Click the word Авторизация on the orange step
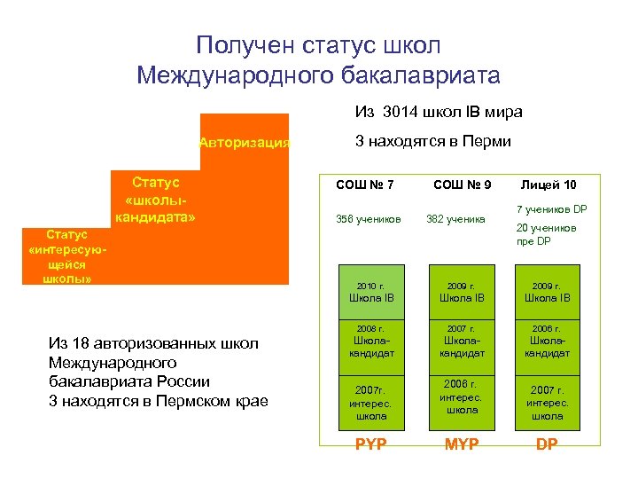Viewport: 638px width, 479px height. point(245,142)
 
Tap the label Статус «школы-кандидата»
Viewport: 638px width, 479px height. point(155,200)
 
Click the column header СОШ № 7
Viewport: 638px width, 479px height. point(365,185)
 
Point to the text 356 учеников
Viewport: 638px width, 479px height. point(368,219)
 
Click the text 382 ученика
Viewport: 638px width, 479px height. point(456,219)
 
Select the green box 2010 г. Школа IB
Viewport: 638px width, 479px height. point(370,292)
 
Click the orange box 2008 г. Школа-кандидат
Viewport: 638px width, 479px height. point(370,342)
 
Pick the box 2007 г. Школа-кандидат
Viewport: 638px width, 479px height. point(462,342)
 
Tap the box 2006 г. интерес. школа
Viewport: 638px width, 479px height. point(462,397)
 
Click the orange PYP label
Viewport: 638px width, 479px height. point(370,444)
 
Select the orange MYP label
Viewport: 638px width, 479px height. point(462,444)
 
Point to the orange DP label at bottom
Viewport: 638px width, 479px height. point(547,444)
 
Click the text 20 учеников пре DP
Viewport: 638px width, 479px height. point(545,233)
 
